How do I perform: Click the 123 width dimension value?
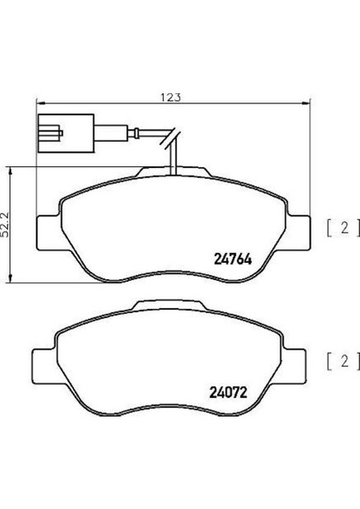[171, 98]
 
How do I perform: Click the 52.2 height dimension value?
[5, 225]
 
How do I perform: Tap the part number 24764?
[233, 260]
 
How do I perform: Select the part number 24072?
[228, 393]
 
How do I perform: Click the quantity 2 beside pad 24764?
[345, 228]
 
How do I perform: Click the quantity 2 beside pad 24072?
[345, 361]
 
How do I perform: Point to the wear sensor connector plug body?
[66, 133]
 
